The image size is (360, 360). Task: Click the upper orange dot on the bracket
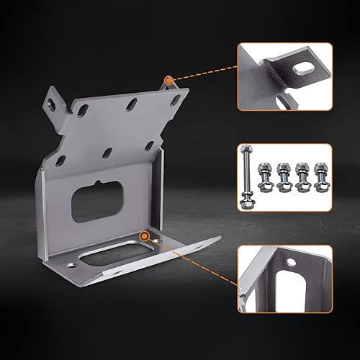168,78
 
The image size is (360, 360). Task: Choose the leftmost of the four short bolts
264,176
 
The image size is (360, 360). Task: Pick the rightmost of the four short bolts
319,176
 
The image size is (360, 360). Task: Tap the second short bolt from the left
283,176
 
